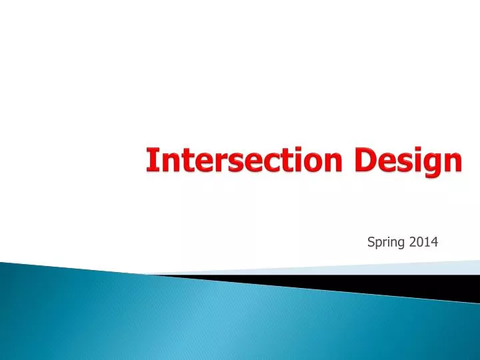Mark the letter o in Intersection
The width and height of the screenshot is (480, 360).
click(x=323, y=163)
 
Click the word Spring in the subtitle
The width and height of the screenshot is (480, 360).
click(x=386, y=243)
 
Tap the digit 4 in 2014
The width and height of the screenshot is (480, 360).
click(x=434, y=242)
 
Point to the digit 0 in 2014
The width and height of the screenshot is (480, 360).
click(x=419, y=242)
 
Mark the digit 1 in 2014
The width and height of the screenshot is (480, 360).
click(x=427, y=242)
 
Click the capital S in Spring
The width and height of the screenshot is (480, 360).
click(x=371, y=242)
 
